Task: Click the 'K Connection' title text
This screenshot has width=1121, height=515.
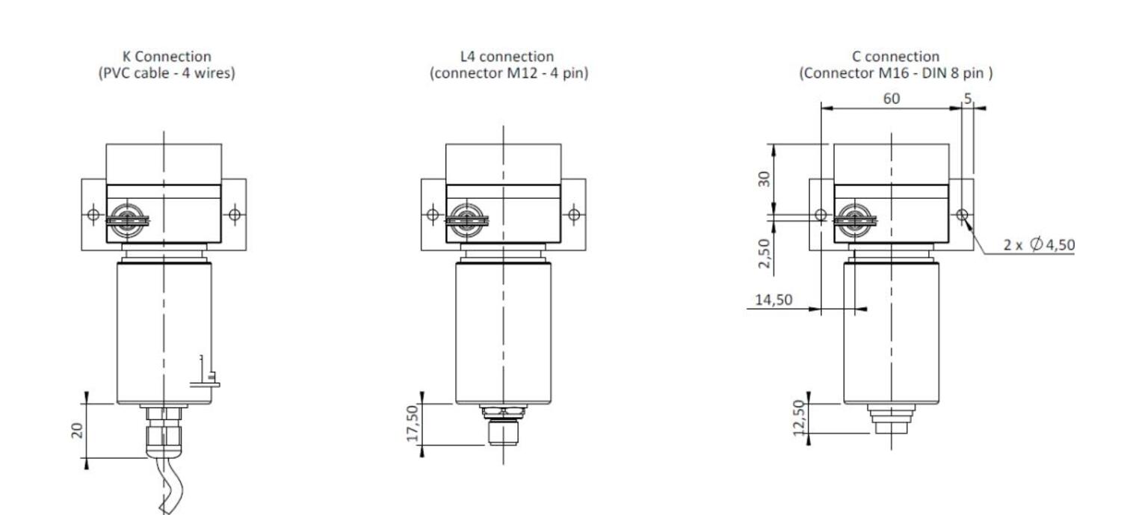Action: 167,56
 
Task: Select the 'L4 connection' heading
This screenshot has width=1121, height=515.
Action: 507,56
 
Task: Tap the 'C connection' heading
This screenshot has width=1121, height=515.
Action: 895,56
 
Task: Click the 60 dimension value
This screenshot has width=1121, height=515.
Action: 892,99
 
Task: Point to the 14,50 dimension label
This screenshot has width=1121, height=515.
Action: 773,300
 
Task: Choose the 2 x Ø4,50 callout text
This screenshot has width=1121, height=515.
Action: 1039,244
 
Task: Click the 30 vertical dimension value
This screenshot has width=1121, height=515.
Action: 765,179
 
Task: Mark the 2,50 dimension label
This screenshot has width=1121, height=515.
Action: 765,253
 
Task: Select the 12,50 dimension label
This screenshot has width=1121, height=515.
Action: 799,418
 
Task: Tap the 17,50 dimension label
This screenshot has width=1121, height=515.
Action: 412,423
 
